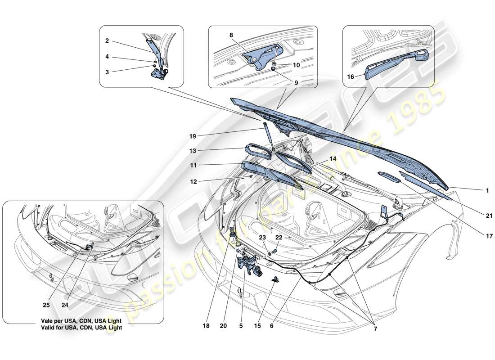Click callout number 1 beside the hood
[x=487, y=190]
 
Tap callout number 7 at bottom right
[x=375, y=329]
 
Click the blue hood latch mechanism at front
[x=249, y=263]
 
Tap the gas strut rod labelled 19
[x=268, y=135]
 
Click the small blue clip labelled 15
[x=274, y=280]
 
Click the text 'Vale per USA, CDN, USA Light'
[x=80, y=322]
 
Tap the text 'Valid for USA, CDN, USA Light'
[x=80, y=328]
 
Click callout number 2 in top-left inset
[x=107, y=40]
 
